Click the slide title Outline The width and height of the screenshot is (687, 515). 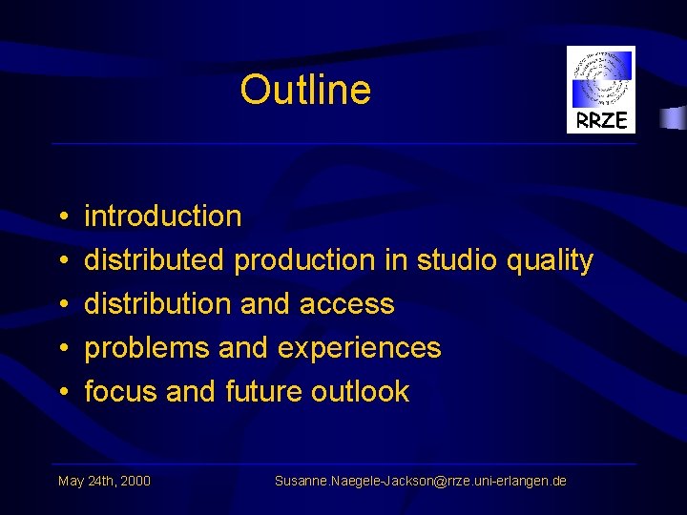[305, 90]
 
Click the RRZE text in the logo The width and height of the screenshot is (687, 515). [601, 120]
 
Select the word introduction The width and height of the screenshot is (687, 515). [163, 216]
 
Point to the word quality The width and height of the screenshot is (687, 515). [550, 260]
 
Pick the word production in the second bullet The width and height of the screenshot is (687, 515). [305, 260]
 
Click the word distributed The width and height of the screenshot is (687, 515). [155, 259]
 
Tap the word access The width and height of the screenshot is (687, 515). [346, 304]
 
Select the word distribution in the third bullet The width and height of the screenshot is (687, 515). [158, 304]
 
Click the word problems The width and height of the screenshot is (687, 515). [147, 348]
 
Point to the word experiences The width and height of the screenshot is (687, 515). [360, 348]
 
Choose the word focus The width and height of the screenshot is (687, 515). [121, 392]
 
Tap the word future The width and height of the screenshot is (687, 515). [263, 392]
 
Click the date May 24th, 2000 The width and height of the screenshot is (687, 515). [104, 481]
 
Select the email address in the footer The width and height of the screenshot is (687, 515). [420, 481]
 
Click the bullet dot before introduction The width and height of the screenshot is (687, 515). [61, 217]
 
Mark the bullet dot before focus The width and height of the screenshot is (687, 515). [61, 393]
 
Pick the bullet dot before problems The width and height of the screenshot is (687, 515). [61, 349]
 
